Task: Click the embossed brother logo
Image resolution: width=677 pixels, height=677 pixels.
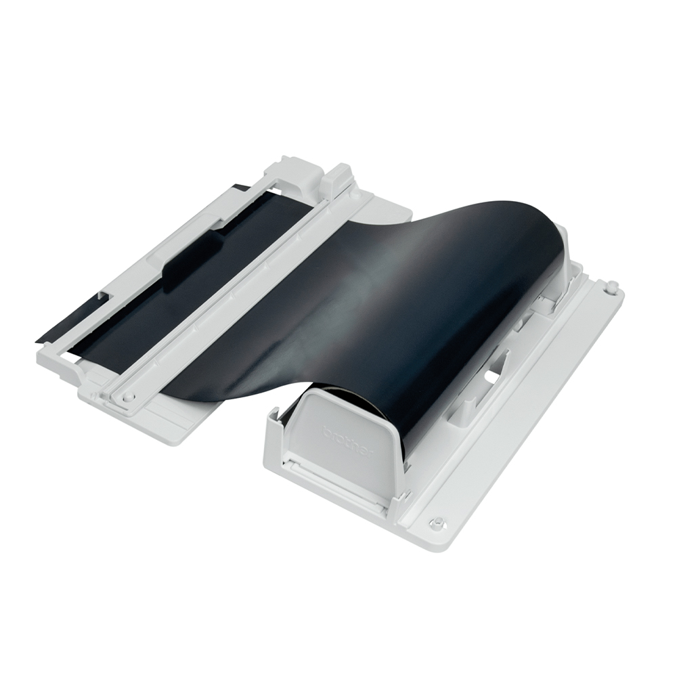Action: click(347, 439)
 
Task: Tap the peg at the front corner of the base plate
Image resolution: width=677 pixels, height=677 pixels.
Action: click(438, 523)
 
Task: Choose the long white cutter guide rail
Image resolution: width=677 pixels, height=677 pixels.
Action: click(237, 291)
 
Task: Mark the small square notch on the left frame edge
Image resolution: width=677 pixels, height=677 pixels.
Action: click(102, 296)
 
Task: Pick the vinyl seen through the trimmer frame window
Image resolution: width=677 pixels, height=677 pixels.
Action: click(169, 305)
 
